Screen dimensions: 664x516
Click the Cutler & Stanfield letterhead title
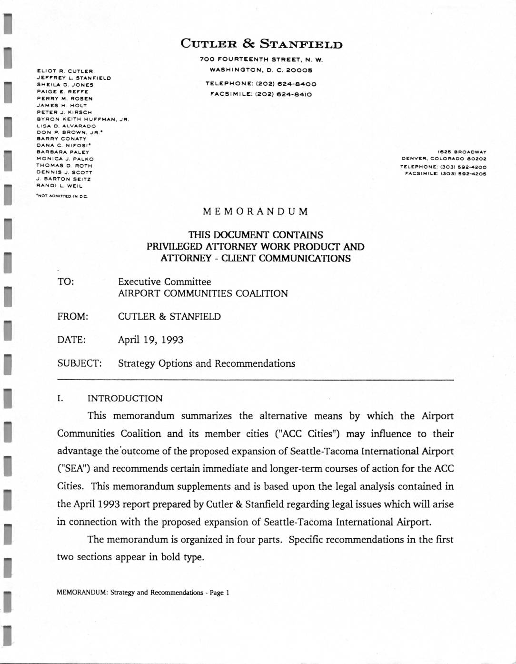[x=261, y=44]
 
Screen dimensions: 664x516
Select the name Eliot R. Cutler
[x=65, y=71]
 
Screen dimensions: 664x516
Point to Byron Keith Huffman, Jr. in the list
[x=83, y=119]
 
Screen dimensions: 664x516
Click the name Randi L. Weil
[x=59, y=186]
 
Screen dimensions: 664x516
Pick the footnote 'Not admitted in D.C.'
[x=62, y=196]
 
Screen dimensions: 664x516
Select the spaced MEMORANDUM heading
[x=256, y=211]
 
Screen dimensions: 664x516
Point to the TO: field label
[x=66, y=282]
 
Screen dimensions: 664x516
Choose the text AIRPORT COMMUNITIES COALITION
[x=203, y=293]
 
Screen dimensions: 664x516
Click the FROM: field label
[x=72, y=317]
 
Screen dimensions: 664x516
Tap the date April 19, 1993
[x=150, y=340]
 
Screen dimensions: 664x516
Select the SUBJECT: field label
[x=79, y=363]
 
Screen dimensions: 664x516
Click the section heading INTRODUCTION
[x=125, y=398]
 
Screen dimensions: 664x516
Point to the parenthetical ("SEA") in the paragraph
[x=74, y=469]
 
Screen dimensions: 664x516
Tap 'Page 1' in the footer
[x=219, y=593]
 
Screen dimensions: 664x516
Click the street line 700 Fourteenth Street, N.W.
[x=261, y=60]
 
